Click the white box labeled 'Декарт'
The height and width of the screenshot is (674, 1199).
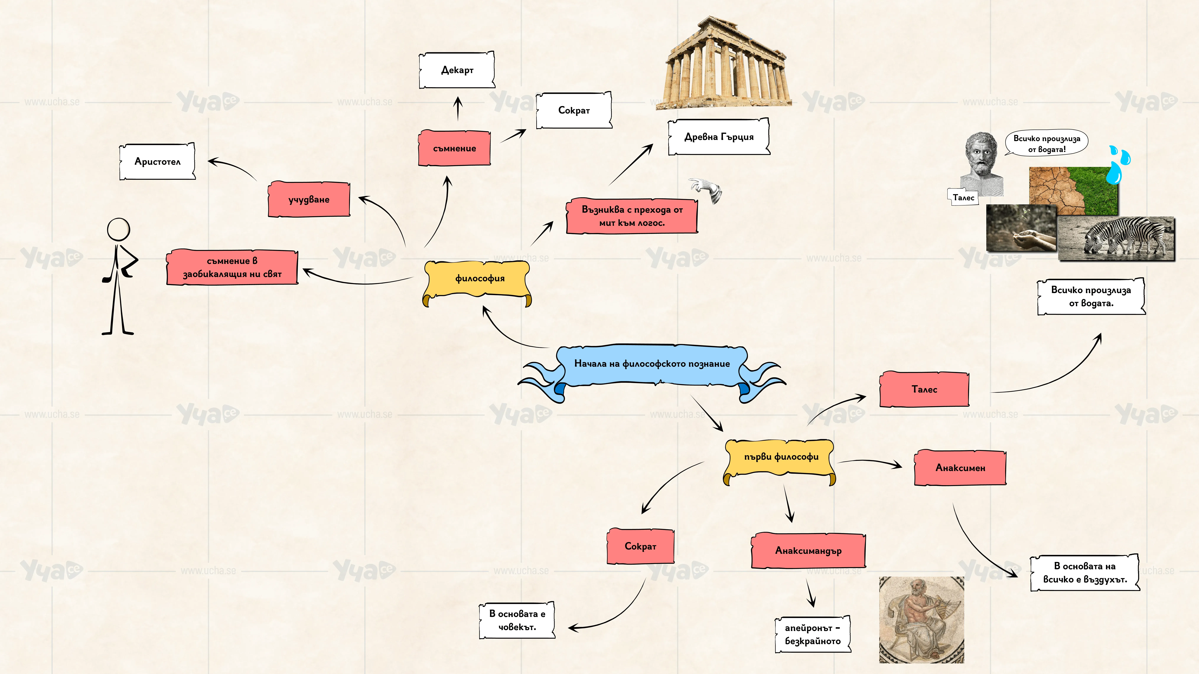[x=457, y=70]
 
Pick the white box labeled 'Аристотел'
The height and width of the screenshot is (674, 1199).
[x=157, y=161]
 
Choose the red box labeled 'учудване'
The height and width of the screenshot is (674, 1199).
[x=309, y=199]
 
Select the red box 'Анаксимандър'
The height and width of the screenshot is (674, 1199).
[x=808, y=551]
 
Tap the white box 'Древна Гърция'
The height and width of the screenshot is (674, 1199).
[x=719, y=137]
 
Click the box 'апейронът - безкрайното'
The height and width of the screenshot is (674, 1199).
[x=813, y=634]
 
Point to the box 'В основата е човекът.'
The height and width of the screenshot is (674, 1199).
[x=517, y=620]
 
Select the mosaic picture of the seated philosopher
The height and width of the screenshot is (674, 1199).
[x=922, y=620]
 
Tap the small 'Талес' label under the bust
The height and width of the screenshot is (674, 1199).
[x=963, y=197]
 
